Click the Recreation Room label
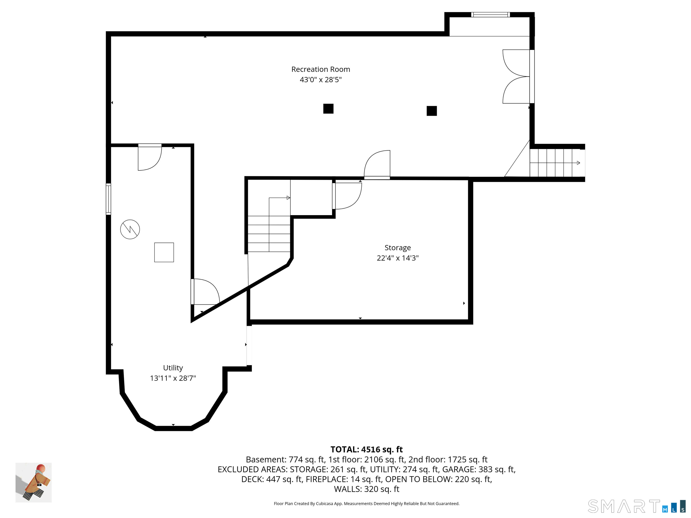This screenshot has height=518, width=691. tap(321, 69)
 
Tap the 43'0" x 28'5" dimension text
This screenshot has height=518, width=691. tap(321, 80)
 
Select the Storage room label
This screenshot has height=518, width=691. tap(397, 248)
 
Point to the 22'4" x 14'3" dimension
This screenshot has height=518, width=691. tap(397, 258)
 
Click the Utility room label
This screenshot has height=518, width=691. tap(173, 368)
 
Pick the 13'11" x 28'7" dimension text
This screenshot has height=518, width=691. tap(173, 378)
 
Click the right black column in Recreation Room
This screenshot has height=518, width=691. tap(431, 111)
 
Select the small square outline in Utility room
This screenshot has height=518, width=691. tap(164, 252)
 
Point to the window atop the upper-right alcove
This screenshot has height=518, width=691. tap(490, 15)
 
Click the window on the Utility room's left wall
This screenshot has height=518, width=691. tap(108, 199)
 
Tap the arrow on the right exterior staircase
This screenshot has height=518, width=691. tap(578, 163)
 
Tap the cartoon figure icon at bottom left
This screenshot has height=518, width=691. tap(34, 482)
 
